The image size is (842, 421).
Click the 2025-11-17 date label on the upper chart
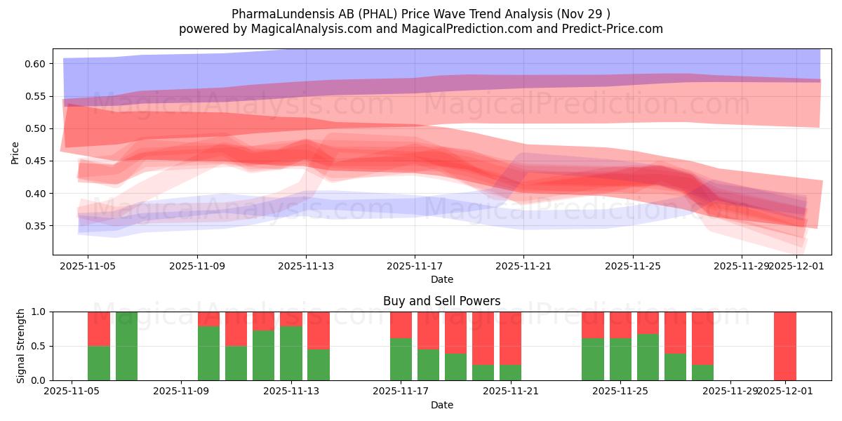[415, 266]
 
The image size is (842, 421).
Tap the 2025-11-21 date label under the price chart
[523, 266]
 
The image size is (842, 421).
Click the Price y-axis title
[15, 152]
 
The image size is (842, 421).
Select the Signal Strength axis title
[21, 346]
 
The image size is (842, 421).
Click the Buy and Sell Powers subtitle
[441, 301]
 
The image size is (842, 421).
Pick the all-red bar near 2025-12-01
[785, 346]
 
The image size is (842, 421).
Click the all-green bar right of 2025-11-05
[126, 346]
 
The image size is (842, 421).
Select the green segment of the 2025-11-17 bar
[401, 359]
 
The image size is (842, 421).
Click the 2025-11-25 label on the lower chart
[621, 392]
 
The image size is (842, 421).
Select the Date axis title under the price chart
[441, 279]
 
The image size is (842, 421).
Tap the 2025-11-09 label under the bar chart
[181, 392]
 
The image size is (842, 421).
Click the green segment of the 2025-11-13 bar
[290, 353]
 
